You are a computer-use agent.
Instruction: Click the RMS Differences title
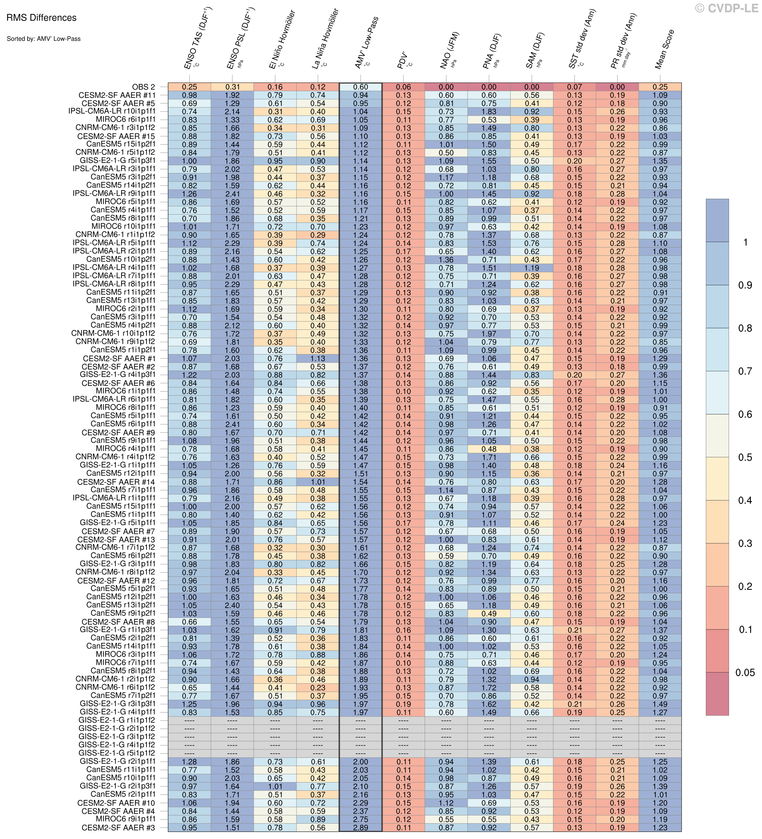[41, 18]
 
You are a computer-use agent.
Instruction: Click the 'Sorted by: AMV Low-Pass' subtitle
[44, 39]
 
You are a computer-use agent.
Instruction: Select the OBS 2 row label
[143, 87]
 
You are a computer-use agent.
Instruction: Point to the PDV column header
[403, 60]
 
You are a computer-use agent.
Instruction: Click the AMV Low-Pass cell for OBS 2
[361, 87]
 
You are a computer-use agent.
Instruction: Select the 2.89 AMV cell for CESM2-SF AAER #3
[361, 828]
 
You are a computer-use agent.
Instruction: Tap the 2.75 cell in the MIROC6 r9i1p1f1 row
[361, 819]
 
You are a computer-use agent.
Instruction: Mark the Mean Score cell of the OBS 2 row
[660, 87]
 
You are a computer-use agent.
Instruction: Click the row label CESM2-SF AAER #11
[117, 95]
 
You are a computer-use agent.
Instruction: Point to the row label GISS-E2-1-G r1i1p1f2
[117, 720]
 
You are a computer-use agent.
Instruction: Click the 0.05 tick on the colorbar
[745, 672]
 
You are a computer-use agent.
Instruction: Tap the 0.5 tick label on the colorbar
[745, 457]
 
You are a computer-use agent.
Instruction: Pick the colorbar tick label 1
[745, 242]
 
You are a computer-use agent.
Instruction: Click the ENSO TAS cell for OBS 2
[189, 87]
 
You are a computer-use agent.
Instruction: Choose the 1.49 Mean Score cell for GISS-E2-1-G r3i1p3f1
[660, 704]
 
